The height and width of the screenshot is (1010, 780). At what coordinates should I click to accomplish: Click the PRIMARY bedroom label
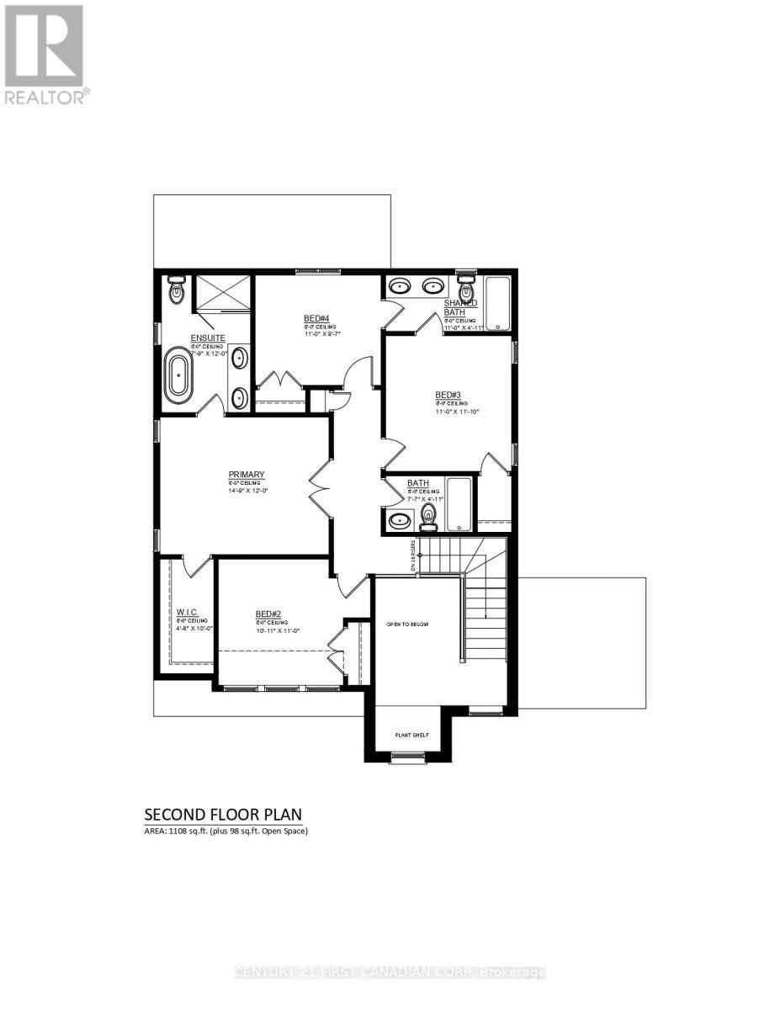(247, 474)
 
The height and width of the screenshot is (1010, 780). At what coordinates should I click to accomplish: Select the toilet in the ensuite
(176, 290)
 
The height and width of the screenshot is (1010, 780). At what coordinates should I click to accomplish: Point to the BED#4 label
(316, 318)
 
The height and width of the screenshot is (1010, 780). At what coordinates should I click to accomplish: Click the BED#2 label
(268, 614)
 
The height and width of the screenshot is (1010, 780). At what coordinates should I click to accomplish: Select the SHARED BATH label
(460, 307)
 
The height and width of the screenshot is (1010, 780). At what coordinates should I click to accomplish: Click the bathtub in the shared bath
(497, 303)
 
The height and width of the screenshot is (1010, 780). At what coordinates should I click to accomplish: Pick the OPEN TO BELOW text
(407, 625)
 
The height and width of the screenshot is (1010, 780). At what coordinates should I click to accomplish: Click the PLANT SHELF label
(412, 735)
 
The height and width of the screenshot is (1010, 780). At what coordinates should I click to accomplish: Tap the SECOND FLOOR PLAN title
(223, 814)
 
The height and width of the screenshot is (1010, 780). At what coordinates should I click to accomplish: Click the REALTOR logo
(44, 54)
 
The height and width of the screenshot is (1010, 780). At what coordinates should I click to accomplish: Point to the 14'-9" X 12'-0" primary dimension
(246, 491)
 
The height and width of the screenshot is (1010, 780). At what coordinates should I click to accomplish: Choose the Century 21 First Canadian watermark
(390, 973)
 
